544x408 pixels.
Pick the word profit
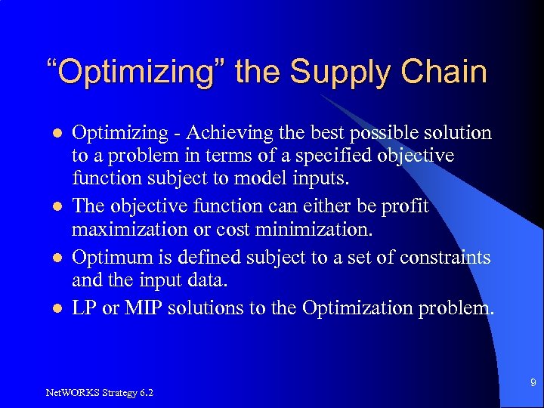pos(406,206)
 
